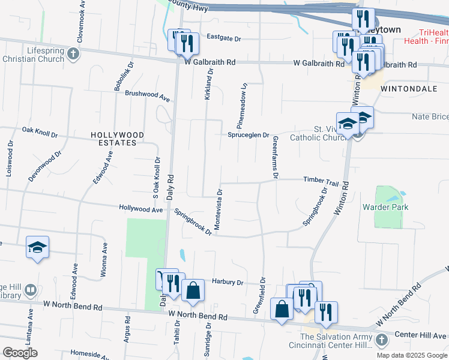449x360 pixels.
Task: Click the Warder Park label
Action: [385, 208]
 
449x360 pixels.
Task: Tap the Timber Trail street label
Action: [321, 181]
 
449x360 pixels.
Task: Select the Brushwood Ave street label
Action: [148, 94]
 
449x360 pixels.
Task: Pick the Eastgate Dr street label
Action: [223, 38]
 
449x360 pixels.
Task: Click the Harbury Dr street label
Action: [228, 281]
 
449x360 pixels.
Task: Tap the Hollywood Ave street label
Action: [141, 209]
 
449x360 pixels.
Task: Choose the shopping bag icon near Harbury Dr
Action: [193, 291]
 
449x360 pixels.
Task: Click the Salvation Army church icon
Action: [381, 340]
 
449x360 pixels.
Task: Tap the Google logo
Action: [20, 352]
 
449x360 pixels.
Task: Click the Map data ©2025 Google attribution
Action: [411, 355]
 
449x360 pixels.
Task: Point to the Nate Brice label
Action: [430, 117]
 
